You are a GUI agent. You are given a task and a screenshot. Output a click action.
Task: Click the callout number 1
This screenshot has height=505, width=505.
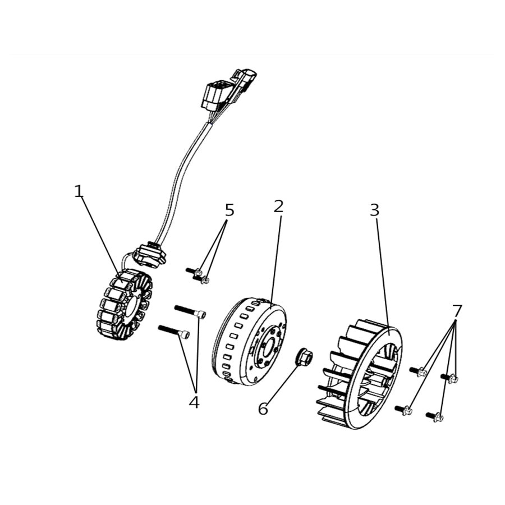point(79,191)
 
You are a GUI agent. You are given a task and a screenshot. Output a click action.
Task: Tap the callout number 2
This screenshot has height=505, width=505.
point(278,206)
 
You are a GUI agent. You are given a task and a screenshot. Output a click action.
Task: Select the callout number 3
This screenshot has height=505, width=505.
point(374,210)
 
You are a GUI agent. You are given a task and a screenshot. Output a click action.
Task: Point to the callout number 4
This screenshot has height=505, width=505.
point(194,402)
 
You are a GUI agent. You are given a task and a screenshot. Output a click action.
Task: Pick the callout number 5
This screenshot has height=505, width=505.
point(229,210)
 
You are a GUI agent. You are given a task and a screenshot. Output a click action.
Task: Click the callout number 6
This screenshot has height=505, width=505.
point(263,409)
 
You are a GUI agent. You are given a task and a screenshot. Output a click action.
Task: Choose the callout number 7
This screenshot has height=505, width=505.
point(457,310)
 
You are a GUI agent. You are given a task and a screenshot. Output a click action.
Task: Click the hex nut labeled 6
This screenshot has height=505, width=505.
point(304,356)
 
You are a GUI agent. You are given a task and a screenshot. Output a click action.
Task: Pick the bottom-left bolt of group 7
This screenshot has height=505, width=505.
point(403,410)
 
